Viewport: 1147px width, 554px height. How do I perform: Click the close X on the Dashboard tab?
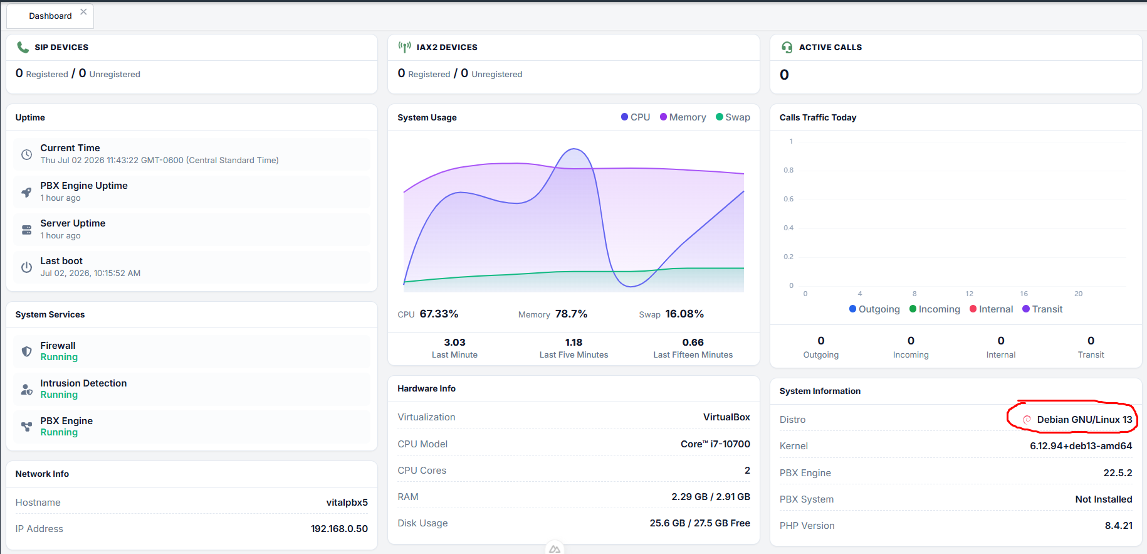[83, 12]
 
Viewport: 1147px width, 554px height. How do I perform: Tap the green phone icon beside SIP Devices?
[23, 47]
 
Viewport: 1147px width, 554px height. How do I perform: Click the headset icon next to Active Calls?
[787, 47]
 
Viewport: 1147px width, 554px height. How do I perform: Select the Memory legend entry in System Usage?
[683, 117]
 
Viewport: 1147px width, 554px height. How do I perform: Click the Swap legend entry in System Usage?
[733, 117]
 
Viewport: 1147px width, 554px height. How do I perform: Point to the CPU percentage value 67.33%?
[439, 314]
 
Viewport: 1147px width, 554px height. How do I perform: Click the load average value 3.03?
[454, 343]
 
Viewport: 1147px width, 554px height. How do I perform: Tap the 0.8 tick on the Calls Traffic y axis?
[788, 170]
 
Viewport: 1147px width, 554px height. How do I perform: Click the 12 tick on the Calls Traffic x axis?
[969, 294]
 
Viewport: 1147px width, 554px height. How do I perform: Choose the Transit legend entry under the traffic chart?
[1042, 309]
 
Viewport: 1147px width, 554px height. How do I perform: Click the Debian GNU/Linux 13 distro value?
[1084, 420]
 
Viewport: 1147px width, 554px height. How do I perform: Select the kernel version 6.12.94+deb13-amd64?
[1081, 446]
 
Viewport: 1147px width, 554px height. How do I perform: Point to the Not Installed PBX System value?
[1104, 499]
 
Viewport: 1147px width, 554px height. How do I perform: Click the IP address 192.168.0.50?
[339, 529]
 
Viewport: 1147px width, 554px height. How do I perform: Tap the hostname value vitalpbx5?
[347, 503]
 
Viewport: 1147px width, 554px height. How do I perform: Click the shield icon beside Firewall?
[26, 351]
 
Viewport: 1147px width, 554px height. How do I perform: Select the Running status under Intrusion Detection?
[59, 395]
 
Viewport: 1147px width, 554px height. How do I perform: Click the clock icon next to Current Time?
[26, 154]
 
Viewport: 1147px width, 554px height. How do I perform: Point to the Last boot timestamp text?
[90, 274]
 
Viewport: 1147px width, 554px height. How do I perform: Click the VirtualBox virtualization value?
[726, 417]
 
